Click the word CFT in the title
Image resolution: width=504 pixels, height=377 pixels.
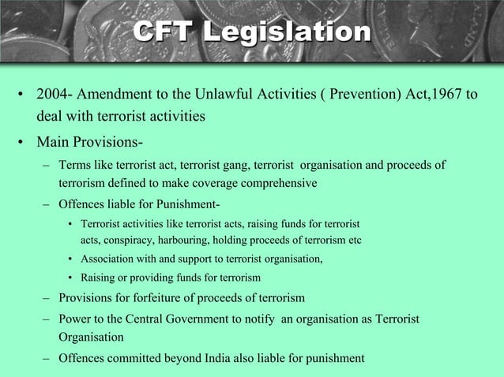[x=161, y=32]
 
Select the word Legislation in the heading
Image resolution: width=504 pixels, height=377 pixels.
[x=285, y=32]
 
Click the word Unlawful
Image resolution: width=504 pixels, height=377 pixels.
[x=221, y=95]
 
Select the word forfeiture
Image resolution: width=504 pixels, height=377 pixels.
[x=167, y=298]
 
